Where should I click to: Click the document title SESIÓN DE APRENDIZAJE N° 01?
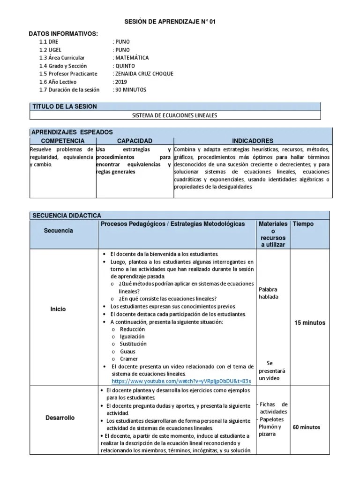(x=170, y=22)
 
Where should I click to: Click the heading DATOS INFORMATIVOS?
(x=63, y=34)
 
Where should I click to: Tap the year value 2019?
(x=120, y=82)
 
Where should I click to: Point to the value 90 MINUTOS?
(x=130, y=90)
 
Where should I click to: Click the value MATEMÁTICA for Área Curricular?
(x=131, y=58)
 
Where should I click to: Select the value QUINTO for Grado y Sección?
(x=124, y=66)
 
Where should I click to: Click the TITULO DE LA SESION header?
(x=64, y=106)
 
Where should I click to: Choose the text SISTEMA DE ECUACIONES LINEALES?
(x=175, y=115)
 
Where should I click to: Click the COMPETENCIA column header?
(x=63, y=141)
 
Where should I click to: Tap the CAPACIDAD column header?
(x=135, y=141)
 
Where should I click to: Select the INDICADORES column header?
(x=253, y=141)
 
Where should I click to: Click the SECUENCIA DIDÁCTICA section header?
(x=66, y=215)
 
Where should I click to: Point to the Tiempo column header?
(x=303, y=224)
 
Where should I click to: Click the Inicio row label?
(x=58, y=309)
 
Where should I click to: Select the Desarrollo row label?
(x=60, y=418)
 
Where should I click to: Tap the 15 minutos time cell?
(x=309, y=322)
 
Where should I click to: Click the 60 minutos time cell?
(x=307, y=427)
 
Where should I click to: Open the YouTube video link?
(x=181, y=381)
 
